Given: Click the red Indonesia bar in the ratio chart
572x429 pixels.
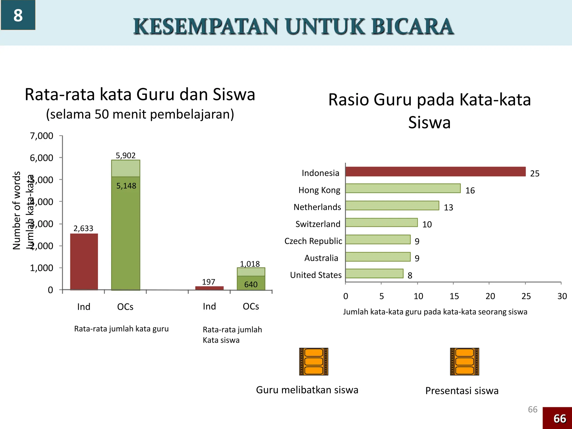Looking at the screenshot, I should tap(435, 171).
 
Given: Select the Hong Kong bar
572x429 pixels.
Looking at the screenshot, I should tap(403, 188).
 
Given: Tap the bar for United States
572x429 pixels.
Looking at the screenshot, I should tap(374, 273).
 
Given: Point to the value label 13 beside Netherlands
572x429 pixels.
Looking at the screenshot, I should tap(448, 208).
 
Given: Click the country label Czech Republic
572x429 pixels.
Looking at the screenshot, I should tap(313, 241).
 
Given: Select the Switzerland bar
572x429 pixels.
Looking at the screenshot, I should tap(381, 223).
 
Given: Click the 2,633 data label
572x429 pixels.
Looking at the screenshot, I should tap(83, 228).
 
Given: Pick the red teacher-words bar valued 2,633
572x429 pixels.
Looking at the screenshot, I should tap(84, 261).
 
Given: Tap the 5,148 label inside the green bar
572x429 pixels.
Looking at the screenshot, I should tap(126, 186).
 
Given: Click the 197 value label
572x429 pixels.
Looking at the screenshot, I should tap(208, 282).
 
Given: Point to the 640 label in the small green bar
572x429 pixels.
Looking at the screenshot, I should tap(251, 284).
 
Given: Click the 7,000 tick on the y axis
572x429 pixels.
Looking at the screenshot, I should tap(41, 136).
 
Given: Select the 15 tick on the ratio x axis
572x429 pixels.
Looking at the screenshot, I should tap(454, 296).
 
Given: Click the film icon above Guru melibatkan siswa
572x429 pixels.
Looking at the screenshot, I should tap(313, 361).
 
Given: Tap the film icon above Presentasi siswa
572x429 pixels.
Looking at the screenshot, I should tap(464, 361).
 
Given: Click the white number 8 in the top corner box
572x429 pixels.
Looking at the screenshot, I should tap(18, 15).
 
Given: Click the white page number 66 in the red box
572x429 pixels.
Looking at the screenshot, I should tap(560, 419).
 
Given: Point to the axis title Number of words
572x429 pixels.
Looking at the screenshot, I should tap(17, 210).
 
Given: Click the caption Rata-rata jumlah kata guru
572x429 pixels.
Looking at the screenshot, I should tap(121, 329).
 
